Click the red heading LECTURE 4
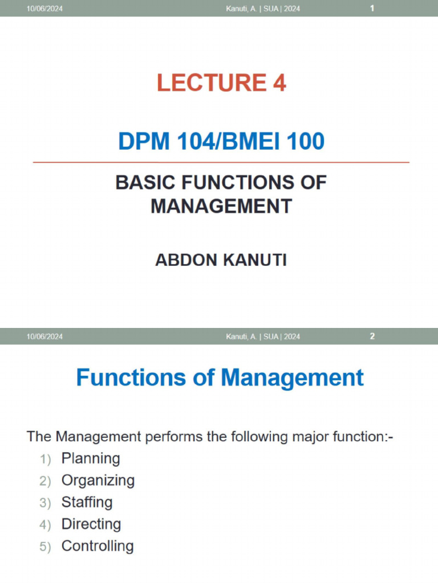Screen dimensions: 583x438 (x=221, y=83)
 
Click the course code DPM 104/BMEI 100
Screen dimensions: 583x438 (x=221, y=141)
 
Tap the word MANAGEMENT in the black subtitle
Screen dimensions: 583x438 (x=221, y=206)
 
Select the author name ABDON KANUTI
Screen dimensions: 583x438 (x=221, y=260)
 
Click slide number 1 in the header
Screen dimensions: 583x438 (x=372, y=9)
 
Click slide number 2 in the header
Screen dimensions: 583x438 (x=372, y=336)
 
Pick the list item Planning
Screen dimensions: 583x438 (x=91, y=458)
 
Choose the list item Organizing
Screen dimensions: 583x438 (x=98, y=480)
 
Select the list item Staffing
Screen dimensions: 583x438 (x=87, y=502)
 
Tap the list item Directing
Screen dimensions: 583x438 (x=91, y=524)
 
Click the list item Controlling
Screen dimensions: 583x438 (x=98, y=546)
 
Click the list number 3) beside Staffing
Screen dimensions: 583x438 (x=45, y=503)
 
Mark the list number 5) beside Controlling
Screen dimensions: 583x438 (x=45, y=547)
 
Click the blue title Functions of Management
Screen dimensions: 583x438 (x=220, y=377)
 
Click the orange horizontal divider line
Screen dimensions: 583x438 (x=221, y=162)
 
